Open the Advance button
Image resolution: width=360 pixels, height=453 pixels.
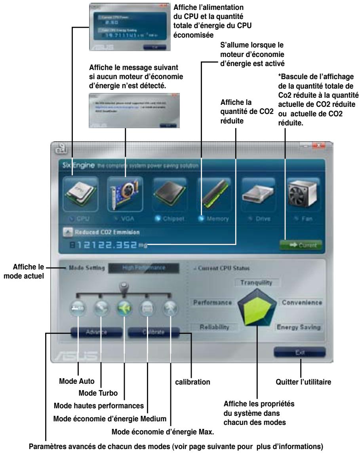(x=97, y=332)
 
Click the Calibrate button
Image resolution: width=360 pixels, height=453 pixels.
(x=154, y=332)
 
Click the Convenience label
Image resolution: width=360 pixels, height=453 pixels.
(x=302, y=302)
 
